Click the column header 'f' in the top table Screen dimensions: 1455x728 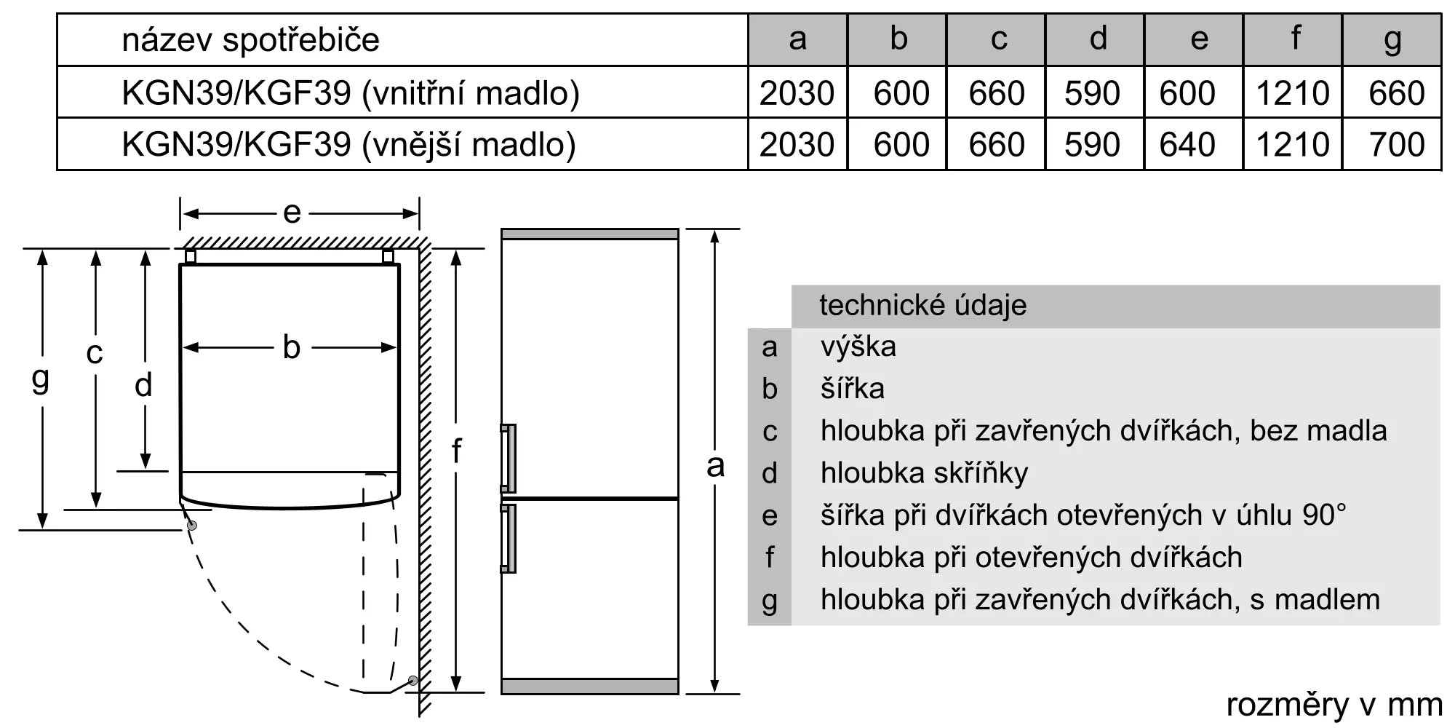[x=1295, y=39]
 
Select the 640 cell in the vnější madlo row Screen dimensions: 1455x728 [x=1187, y=144]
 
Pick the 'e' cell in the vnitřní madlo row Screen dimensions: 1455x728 [x=1187, y=93]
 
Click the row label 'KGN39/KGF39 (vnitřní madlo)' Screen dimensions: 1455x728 [x=351, y=93]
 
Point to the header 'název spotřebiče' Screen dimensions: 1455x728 [x=251, y=39]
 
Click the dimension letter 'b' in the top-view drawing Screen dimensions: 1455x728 [x=291, y=347]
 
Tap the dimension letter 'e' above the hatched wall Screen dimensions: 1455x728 [x=292, y=213]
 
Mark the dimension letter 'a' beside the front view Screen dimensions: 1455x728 [x=715, y=466]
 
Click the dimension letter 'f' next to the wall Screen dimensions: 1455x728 [x=456, y=451]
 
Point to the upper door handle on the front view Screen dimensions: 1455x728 [x=508, y=459]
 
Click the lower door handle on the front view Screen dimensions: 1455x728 [x=508, y=539]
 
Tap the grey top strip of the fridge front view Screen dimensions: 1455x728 [x=590, y=234]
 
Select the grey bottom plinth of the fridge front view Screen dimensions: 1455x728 [x=590, y=686]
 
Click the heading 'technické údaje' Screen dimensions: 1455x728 [x=923, y=306]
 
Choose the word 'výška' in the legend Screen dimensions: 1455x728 [x=858, y=347]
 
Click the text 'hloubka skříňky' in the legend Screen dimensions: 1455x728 [x=925, y=473]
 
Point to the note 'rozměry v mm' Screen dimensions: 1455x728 [x=1334, y=705]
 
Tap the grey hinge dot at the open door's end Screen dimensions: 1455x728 [x=413, y=681]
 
